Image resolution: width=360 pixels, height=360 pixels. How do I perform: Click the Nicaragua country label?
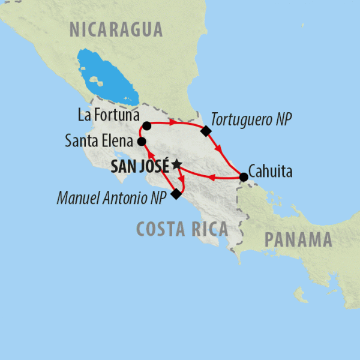tap(116, 28)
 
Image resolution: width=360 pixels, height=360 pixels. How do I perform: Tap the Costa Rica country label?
tap(182, 229)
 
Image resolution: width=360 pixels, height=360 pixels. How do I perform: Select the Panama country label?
tap(298, 240)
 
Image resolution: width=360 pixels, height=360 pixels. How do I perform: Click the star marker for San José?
tap(176, 164)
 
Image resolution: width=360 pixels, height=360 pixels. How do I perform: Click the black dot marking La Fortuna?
tap(146, 127)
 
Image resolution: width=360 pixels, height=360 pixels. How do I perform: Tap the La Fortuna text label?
tap(108, 114)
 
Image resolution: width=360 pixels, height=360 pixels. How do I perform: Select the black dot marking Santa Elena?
tap(142, 142)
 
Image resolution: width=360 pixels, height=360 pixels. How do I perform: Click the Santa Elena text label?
tap(100, 142)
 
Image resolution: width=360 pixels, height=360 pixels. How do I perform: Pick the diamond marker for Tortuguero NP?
tap(206, 131)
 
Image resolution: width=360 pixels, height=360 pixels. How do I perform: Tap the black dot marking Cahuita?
tap(244, 177)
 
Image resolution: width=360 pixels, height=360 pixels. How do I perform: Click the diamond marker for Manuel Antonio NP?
tap(176, 194)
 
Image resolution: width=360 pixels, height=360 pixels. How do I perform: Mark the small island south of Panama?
tap(299, 295)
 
